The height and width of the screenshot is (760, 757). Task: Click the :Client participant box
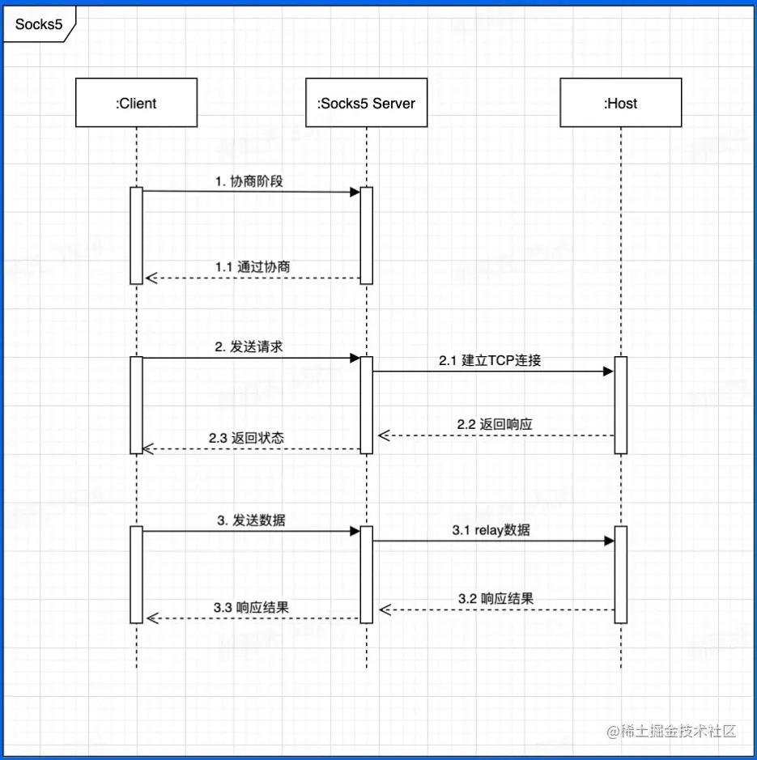click(136, 103)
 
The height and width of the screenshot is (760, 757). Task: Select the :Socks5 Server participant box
click(366, 103)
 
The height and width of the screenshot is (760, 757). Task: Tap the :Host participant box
click(620, 103)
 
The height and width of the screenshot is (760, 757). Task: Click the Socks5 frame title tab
click(39, 24)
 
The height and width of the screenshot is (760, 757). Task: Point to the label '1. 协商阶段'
click(249, 181)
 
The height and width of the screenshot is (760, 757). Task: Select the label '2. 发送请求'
click(249, 346)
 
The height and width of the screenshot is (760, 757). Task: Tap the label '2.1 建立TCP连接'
click(490, 360)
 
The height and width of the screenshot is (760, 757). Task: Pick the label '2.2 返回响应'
click(494, 423)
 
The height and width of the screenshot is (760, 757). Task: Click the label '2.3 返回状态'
click(246, 437)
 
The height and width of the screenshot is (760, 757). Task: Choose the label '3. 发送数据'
click(251, 520)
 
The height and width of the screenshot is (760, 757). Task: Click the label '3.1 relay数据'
click(491, 530)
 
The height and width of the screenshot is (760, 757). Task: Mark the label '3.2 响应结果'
click(495, 599)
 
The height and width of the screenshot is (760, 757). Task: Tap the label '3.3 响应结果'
click(251, 607)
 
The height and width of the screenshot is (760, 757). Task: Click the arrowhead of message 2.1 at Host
click(608, 372)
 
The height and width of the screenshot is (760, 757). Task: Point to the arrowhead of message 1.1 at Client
click(151, 278)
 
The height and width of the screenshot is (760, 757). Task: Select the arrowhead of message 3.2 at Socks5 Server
click(385, 609)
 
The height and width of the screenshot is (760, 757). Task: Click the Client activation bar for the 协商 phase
click(136, 235)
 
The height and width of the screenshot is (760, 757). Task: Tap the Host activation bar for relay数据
click(620, 574)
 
